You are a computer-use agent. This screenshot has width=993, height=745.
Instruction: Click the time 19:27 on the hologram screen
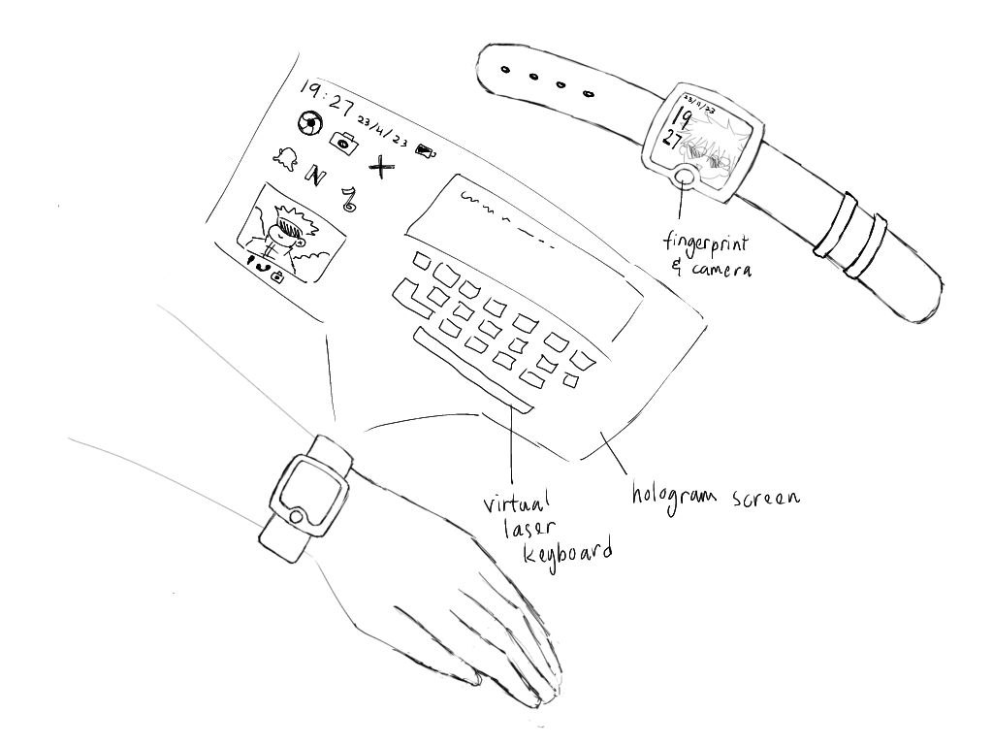(327, 98)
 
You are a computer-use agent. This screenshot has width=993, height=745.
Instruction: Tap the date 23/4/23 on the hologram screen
(382, 131)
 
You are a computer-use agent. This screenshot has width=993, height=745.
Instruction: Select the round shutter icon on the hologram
(309, 123)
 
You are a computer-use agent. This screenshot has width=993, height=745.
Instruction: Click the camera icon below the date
(344, 142)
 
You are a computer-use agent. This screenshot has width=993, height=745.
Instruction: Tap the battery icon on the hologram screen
(425, 150)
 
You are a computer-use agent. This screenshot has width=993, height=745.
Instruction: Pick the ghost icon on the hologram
(284, 158)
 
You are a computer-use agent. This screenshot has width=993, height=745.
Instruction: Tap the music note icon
(348, 199)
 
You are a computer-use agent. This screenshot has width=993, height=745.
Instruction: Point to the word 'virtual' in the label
(516, 502)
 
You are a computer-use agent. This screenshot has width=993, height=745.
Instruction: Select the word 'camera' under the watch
(721, 269)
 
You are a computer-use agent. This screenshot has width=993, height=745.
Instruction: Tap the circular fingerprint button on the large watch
(685, 176)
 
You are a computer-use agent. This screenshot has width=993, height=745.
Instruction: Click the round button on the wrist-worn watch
(296, 517)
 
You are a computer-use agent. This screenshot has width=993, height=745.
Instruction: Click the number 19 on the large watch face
(682, 118)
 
